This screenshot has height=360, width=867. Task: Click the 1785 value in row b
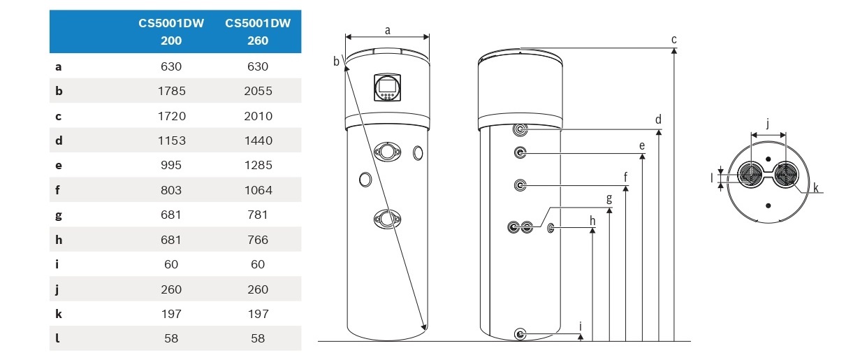point(171,91)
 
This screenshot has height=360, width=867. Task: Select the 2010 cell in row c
point(258,116)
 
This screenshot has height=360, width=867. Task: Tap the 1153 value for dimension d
point(171,141)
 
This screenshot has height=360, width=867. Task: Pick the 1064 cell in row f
point(258,190)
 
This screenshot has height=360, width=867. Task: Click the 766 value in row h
point(258,240)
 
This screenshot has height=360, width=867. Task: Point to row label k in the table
point(59,314)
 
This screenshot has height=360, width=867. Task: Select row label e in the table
point(59,166)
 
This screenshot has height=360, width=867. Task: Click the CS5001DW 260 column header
point(258,31)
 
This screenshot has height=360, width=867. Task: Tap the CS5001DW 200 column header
point(171,31)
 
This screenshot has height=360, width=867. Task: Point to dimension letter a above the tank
point(388,31)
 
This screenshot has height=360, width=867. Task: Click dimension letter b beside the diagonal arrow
point(336,61)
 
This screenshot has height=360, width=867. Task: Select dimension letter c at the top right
point(674,39)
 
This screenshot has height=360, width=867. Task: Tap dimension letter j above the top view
point(768,124)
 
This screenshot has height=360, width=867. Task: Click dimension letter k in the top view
point(816,188)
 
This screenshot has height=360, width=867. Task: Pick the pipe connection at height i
point(520,334)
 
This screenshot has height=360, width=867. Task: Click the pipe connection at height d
point(520,129)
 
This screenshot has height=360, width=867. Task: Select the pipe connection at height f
point(520,185)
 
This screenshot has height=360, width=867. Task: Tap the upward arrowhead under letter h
point(592,231)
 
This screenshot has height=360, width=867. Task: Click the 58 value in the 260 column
point(258,338)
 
